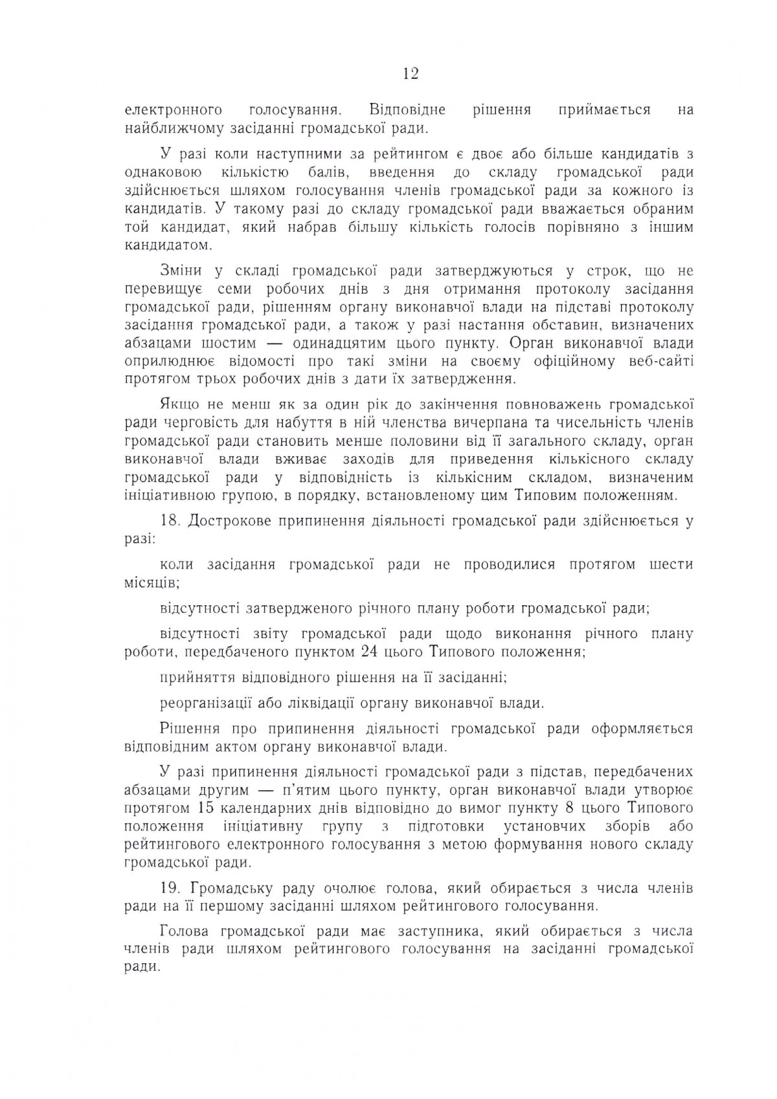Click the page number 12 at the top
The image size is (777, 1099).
[411, 74]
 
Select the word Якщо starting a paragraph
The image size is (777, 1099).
[179, 405]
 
